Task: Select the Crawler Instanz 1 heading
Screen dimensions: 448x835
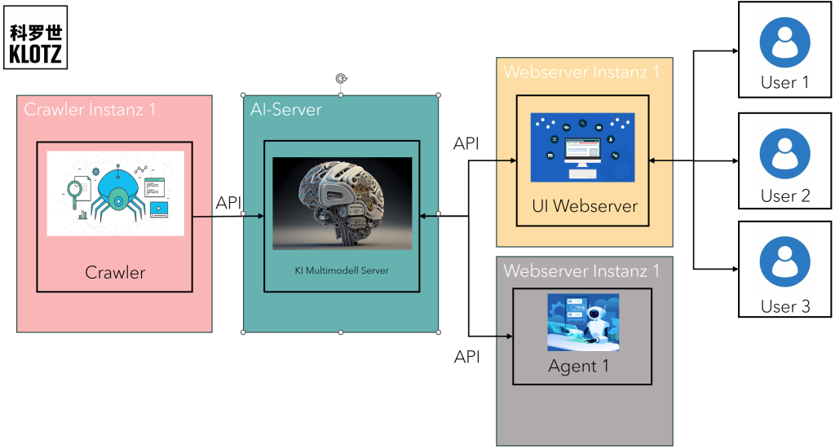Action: [x=90, y=109]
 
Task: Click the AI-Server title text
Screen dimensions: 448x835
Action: [x=286, y=109]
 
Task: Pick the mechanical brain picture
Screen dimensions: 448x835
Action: [x=342, y=204]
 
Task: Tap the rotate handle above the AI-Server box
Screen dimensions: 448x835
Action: [x=341, y=78]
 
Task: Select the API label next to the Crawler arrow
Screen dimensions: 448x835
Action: [x=229, y=203]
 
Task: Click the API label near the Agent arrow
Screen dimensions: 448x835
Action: [x=466, y=356]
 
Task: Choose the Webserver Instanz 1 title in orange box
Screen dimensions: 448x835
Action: [x=581, y=72]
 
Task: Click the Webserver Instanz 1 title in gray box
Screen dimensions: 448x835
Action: [x=581, y=270]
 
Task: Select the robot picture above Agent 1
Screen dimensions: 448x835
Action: [x=583, y=322]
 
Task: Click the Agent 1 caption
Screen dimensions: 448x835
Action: [x=579, y=367]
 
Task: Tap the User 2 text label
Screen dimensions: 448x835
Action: [x=784, y=196]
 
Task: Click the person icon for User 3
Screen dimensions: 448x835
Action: [x=784, y=262]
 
